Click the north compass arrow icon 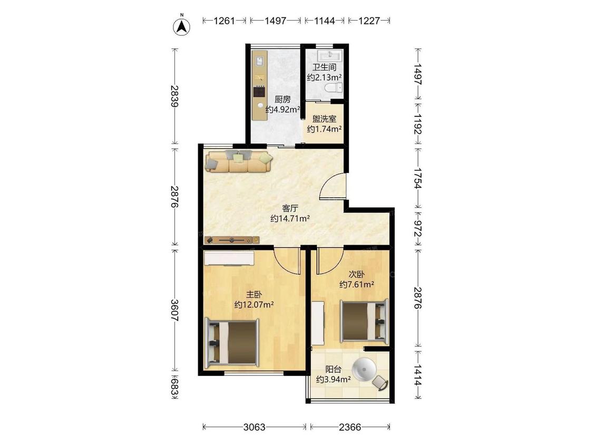[181, 26]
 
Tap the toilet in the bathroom [333, 88]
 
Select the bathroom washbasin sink [330, 55]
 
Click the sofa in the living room [239, 161]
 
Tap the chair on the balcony [380, 383]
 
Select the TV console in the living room [232, 240]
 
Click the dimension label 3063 [254, 427]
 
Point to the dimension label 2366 [350, 427]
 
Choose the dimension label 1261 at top [224, 21]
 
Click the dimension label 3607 [174, 311]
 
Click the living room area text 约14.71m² [290, 218]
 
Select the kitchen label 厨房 [283, 100]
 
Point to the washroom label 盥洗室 [324, 119]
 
